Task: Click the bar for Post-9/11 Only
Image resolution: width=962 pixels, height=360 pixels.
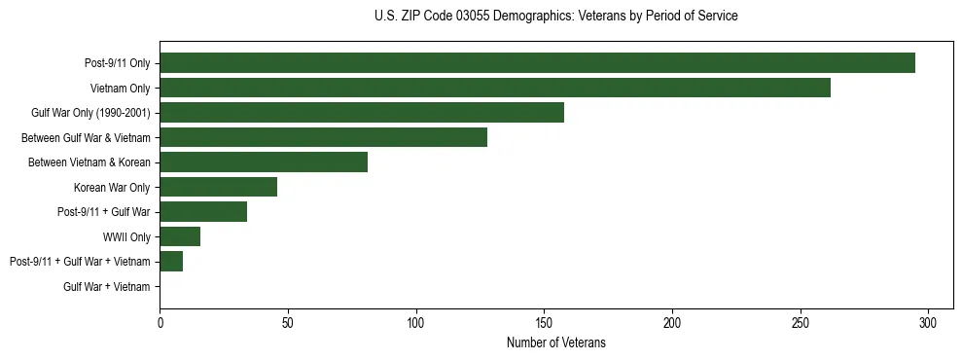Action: pos(537,63)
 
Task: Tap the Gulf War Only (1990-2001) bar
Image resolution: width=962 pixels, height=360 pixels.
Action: pos(362,113)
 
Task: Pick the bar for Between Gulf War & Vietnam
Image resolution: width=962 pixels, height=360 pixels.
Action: pos(323,137)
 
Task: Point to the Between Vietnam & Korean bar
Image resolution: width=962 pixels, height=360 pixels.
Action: pos(264,162)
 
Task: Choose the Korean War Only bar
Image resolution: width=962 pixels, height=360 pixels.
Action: pos(218,187)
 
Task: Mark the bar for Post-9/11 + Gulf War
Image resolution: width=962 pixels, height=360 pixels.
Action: pos(203,212)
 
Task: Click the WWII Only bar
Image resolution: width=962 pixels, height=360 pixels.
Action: pos(180,236)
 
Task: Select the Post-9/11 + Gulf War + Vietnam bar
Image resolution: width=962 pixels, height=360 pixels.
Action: pos(171,262)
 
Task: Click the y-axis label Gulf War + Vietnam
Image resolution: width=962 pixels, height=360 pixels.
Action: pos(107,287)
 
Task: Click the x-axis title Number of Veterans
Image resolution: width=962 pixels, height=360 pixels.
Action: pos(555,342)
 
